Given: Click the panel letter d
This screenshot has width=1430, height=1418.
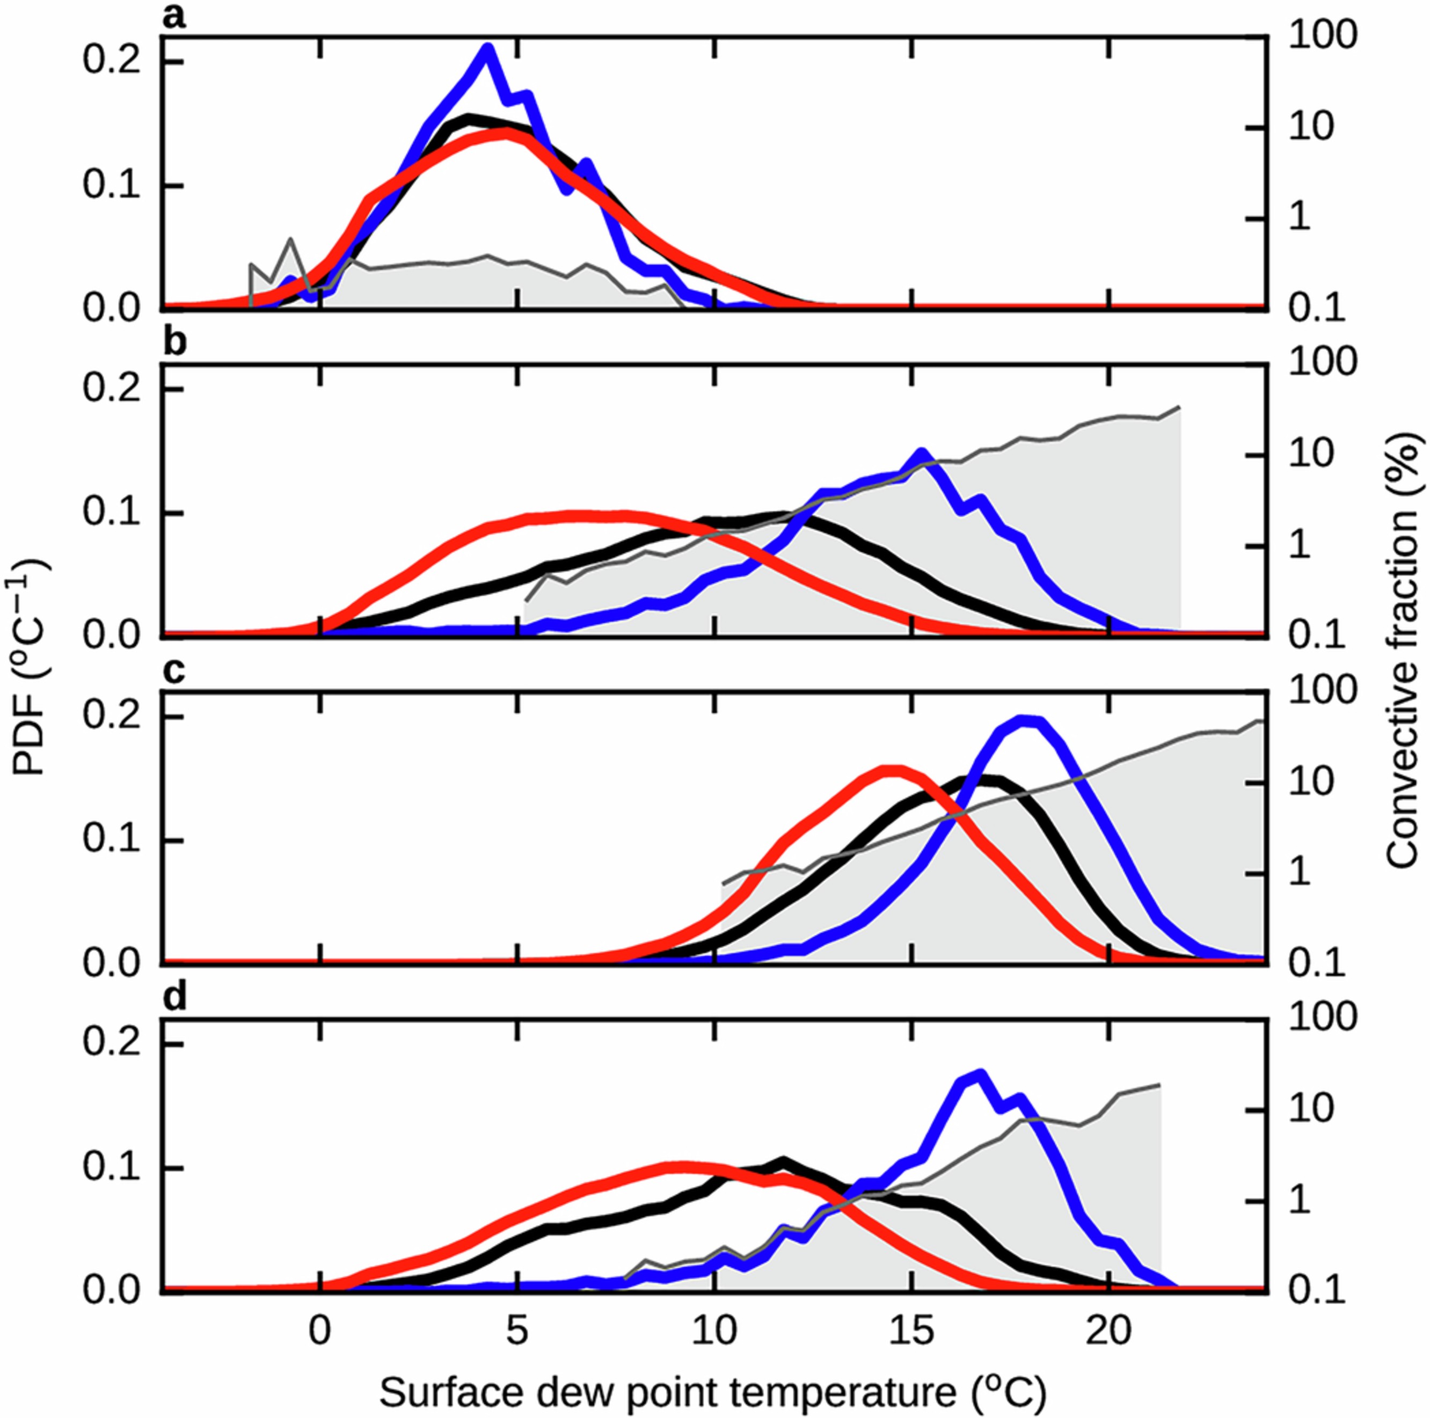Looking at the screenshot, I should [174, 998].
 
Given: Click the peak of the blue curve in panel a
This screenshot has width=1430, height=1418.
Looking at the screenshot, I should [486, 49].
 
